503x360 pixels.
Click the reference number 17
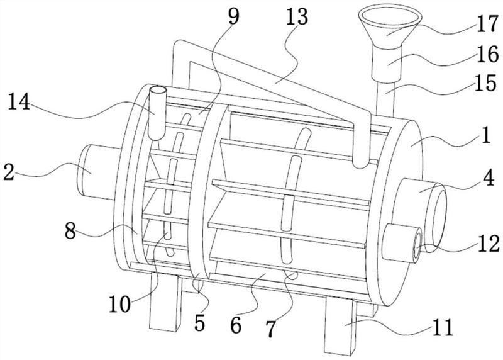pyautogui.click(x=487, y=24)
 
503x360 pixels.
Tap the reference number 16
pyautogui.click(x=487, y=54)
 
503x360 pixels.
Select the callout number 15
pyautogui.click(x=485, y=82)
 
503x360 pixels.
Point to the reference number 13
pyautogui.click(x=297, y=17)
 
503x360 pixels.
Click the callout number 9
pyautogui.click(x=233, y=16)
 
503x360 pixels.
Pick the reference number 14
pyautogui.click(x=19, y=102)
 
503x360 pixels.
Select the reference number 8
pyautogui.click(x=70, y=231)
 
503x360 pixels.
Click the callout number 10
pyautogui.click(x=119, y=304)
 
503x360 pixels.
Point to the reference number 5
pyautogui.click(x=199, y=323)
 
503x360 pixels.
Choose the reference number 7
pyautogui.click(x=270, y=328)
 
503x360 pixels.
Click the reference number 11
pyautogui.click(x=442, y=327)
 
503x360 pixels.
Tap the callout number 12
pyautogui.click(x=489, y=243)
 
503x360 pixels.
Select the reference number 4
pyautogui.click(x=489, y=178)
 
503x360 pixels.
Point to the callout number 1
pyautogui.click(x=486, y=135)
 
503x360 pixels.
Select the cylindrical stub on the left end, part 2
pyautogui.click(x=96, y=172)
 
